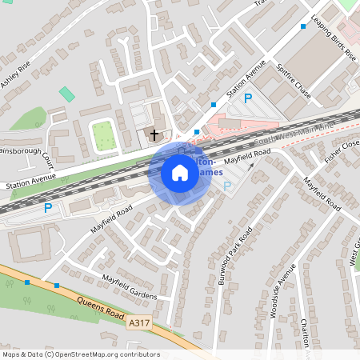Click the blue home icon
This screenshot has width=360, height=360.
[x=180, y=172]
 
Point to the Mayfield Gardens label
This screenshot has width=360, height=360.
[x=129, y=286]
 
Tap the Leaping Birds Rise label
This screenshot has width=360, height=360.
[x=334, y=39]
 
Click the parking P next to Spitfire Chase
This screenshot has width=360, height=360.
[x=248, y=98]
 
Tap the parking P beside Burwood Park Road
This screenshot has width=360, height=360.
[x=227, y=186]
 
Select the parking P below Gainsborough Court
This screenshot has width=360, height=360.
[x=48, y=208]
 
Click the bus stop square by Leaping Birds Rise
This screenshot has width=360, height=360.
[x=303, y=26]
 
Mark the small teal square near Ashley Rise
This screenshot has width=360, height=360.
[x=67, y=94]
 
